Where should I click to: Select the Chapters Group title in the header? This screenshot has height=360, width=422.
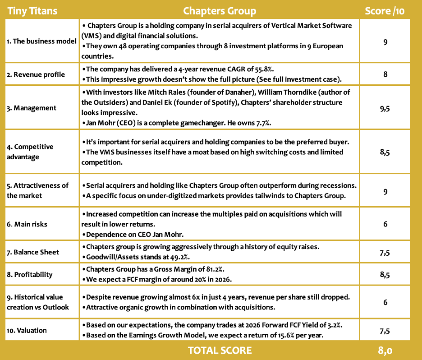point(220,11)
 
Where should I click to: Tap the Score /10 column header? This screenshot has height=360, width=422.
point(385,11)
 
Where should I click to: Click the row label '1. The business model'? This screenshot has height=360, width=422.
point(41,42)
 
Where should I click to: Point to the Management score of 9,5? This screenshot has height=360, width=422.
point(385,108)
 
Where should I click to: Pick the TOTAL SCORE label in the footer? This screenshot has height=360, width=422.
point(220,351)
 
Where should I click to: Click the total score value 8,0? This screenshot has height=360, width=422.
point(385,351)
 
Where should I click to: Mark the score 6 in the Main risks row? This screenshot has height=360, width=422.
point(385,224)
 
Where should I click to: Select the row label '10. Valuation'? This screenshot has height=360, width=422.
point(27,330)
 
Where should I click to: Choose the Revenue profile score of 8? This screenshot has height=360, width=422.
point(385,74)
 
